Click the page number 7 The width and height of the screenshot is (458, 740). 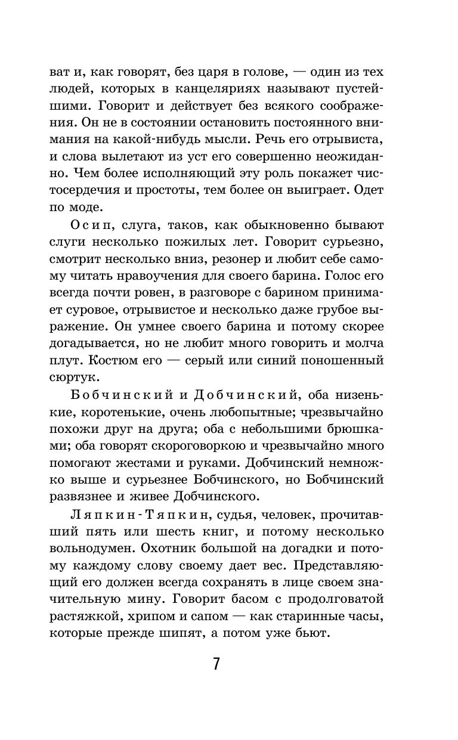tap(216, 664)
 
